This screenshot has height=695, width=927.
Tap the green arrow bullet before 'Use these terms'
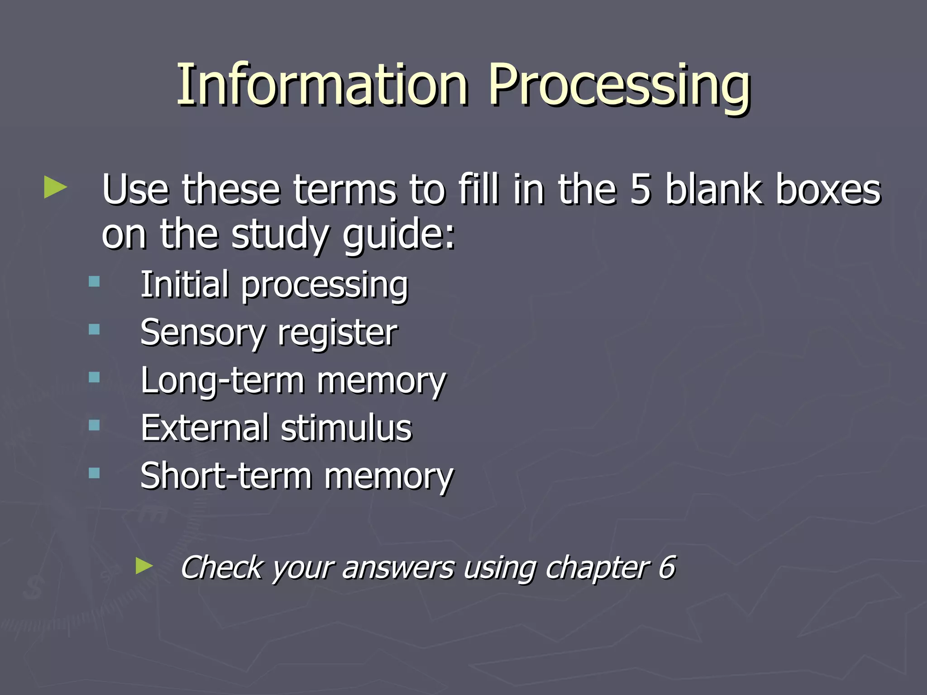click(55, 187)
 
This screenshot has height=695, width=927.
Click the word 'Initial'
click(184, 284)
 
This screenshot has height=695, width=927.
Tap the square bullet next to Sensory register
click(94, 329)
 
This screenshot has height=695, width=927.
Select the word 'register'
click(337, 333)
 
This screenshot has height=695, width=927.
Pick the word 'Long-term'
click(222, 381)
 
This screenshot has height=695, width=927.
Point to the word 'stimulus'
click(346, 428)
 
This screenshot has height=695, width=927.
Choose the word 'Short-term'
click(226, 476)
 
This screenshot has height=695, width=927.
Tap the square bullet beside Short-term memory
click(94, 473)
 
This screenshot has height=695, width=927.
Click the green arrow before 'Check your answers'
click(144, 566)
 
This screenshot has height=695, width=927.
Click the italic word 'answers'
click(398, 568)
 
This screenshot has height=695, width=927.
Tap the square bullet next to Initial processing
click(94, 282)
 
